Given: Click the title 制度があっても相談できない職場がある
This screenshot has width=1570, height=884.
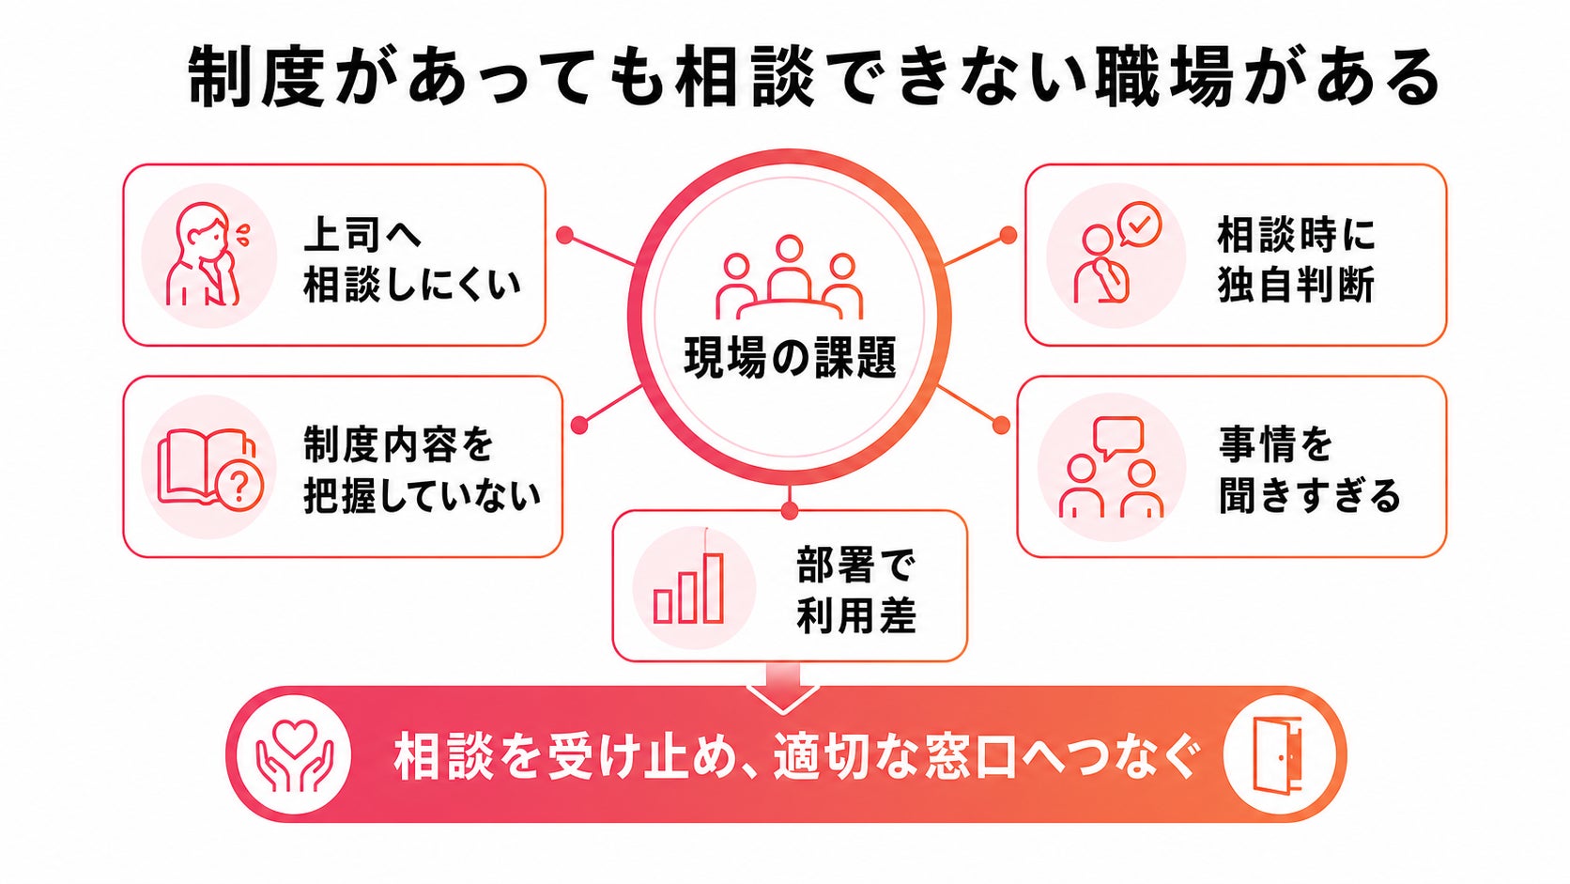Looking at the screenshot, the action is pos(814,77).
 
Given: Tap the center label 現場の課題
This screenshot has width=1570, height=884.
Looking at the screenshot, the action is pos(790,358).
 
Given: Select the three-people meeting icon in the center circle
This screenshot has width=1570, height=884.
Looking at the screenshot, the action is pos(789,278).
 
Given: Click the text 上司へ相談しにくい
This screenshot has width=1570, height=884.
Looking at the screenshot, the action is pos(412,259).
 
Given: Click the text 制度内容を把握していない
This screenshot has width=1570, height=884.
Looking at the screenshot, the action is pos(422,470).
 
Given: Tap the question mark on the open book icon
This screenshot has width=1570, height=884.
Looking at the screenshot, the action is pos(239,487).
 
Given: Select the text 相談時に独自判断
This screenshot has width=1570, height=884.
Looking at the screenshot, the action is pos(1296,259).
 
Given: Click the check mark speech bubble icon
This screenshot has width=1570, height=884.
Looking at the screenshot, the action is pos(1140,225).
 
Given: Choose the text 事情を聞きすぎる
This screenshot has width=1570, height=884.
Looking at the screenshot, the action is pos(1309,470).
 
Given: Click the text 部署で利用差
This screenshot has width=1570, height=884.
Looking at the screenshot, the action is pos(856,590).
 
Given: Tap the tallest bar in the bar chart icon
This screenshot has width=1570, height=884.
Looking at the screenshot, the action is pos(714,587).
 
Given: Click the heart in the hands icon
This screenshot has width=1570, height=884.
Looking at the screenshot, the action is pos(295,738).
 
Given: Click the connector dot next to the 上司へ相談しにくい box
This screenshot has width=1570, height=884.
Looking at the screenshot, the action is pos(565,236).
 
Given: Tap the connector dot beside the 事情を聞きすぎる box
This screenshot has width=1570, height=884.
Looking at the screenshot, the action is pos(1002,425).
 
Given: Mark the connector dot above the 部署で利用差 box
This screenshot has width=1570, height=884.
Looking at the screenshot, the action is pos(790,511).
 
